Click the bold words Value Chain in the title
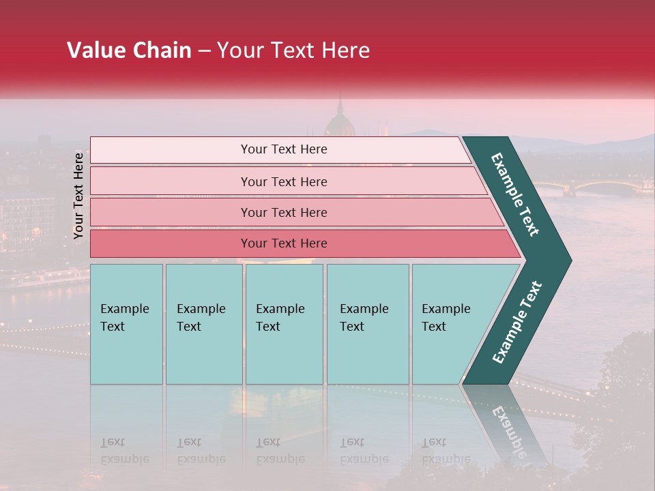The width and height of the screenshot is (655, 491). pyautogui.click(x=129, y=50)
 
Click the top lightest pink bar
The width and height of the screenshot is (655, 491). pyautogui.click(x=171, y=150)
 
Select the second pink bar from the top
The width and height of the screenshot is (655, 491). pyautogui.click(x=171, y=181)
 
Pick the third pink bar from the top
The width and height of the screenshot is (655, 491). pyautogui.click(x=171, y=212)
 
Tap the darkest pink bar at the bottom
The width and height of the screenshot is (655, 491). pyautogui.click(x=171, y=243)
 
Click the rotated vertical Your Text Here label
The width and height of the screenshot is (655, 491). pyautogui.click(x=79, y=196)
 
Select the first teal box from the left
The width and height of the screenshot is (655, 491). pyautogui.click(x=126, y=355)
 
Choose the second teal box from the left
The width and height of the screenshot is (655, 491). pyautogui.click(x=203, y=355)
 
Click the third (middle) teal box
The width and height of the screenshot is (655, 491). pyautogui.click(x=284, y=355)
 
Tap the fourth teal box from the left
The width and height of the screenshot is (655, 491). pyautogui.click(x=368, y=355)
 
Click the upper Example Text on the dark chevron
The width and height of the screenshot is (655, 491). pyautogui.click(x=515, y=194)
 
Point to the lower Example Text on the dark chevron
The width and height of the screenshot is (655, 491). pyautogui.click(x=517, y=323)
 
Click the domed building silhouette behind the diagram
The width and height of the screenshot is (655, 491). pyautogui.click(x=339, y=121)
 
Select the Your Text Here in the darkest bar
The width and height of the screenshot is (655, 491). pyautogui.click(x=284, y=243)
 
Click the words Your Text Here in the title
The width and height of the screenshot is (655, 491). pyautogui.click(x=293, y=50)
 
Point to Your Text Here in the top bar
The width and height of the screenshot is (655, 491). pyautogui.click(x=284, y=149)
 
